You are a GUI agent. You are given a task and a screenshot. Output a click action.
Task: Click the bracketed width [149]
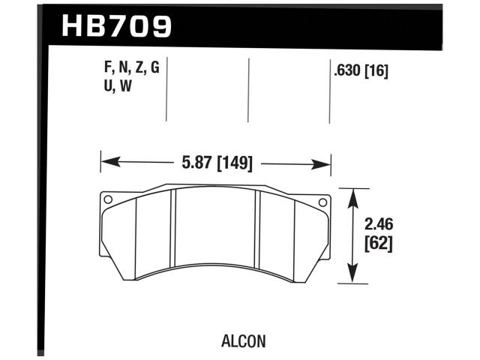232,163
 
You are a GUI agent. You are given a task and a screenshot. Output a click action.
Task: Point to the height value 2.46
379,223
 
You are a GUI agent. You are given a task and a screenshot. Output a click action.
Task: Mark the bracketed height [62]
379,242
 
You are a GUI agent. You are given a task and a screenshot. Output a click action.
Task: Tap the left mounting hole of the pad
108,199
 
